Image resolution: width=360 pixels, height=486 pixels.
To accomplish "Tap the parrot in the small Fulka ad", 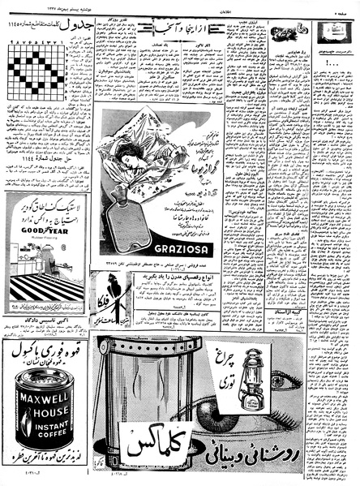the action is pyautogui.click(x=102, y=289).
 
